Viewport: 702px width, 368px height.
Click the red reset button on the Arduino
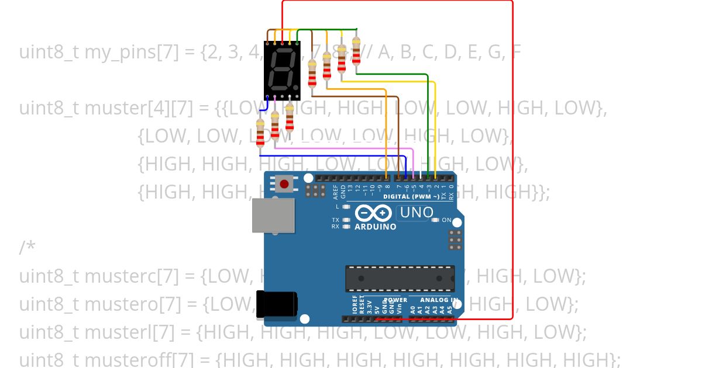(x=284, y=185)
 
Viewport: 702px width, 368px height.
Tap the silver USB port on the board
(x=273, y=215)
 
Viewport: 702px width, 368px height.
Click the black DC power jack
(x=277, y=304)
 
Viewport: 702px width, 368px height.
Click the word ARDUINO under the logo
(x=376, y=227)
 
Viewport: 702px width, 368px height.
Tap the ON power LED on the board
(x=435, y=220)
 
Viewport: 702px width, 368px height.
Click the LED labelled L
(x=346, y=207)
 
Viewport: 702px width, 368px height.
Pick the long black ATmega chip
(x=400, y=278)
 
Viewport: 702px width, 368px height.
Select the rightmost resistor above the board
(x=356, y=45)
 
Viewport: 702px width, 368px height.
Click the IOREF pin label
(x=355, y=305)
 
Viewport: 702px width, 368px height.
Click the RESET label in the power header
(x=362, y=305)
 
